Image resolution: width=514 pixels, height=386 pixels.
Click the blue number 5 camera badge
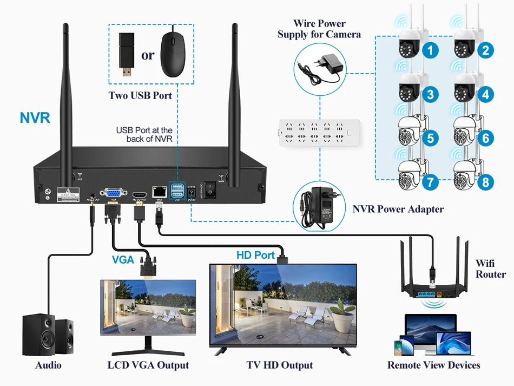click(430, 138)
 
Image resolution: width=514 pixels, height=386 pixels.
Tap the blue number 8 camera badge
click(485, 182)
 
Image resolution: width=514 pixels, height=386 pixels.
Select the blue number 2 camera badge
click(485, 51)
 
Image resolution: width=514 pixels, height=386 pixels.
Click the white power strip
click(314, 132)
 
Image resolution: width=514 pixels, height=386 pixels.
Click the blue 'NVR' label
click(35, 117)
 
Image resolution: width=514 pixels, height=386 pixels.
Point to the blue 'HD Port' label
click(255, 254)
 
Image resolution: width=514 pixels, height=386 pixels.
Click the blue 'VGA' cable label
click(123, 259)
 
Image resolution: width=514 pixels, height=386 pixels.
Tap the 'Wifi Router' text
click(491, 269)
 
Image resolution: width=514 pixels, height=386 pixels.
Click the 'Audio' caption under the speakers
click(48, 365)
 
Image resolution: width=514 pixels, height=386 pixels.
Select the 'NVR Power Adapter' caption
click(398, 210)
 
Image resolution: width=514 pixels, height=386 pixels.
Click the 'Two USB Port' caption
click(140, 96)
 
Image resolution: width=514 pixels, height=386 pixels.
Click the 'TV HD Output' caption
click(280, 365)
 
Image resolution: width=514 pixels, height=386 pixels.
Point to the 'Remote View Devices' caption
click(433, 365)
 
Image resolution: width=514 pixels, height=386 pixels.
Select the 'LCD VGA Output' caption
click(148, 365)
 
